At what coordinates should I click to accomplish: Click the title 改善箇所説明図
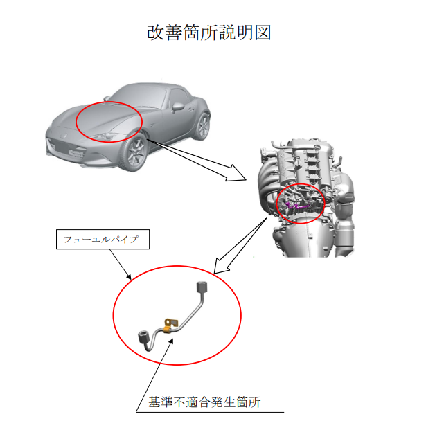(x=208, y=33)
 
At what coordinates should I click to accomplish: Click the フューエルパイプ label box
(x=103, y=239)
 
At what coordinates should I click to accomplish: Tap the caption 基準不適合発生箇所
(x=204, y=402)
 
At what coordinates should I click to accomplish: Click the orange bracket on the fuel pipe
(x=170, y=325)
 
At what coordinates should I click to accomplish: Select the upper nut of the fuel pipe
(x=202, y=287)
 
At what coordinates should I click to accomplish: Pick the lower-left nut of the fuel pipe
(x=143, y=337)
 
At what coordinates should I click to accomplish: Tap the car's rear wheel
(x=202, y=126)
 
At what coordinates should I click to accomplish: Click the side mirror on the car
(x=177, y=107)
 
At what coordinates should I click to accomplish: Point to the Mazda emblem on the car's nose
(x=64, y=136)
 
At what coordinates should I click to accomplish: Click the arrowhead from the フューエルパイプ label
(x=129, y=277)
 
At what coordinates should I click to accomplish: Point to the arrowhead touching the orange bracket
(x=170, y=341)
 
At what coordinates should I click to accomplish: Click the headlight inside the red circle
(x=106, y=136)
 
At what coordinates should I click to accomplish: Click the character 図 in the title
(x=262, y=33)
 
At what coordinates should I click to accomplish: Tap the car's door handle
(x=191, y=109)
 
